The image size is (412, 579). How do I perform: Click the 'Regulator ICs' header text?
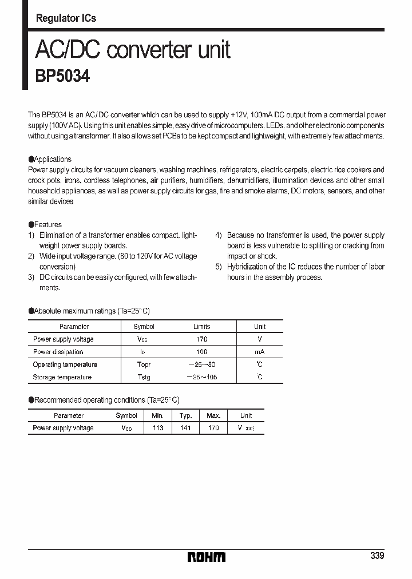(66, 18)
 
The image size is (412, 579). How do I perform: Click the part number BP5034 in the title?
(62, 76)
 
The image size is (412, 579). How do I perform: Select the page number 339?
(377, 556)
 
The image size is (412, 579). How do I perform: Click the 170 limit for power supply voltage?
(201, 339)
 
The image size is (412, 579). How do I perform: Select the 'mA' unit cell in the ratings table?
(260, 352)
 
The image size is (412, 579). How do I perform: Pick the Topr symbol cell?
(144, 364)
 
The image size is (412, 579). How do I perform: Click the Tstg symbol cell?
(144, 377)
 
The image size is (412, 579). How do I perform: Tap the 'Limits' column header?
(201, 327)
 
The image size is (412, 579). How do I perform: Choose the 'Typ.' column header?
(185, 416)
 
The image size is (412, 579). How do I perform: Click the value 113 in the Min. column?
(157, 428)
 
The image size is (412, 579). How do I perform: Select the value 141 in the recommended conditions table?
(185, 428)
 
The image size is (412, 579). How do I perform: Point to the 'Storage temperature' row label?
(62, 377)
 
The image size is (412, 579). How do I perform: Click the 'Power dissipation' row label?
(58, 352)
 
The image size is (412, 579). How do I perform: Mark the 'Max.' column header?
(213, 416)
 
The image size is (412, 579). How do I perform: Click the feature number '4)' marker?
(219, 235)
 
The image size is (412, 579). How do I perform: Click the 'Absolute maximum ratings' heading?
(89, 311)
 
